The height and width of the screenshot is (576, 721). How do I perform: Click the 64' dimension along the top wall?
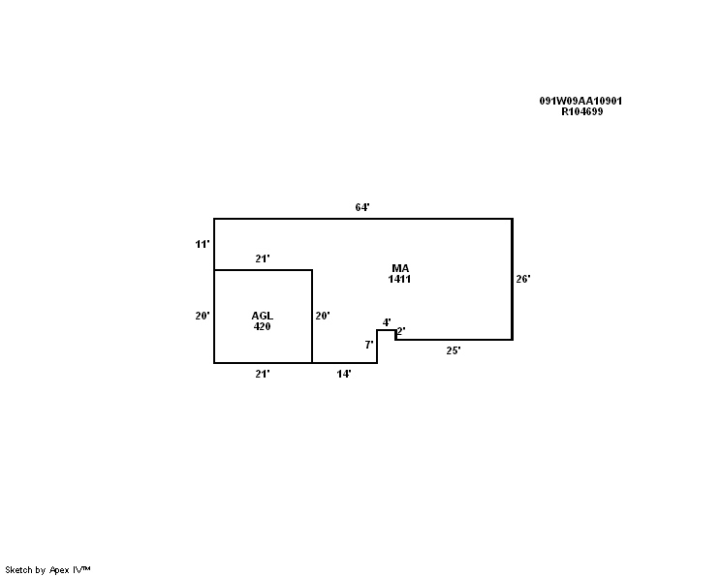[362, 207]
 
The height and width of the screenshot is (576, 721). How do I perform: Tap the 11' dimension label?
[203, 244]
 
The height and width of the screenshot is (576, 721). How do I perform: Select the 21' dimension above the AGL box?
[263, 258]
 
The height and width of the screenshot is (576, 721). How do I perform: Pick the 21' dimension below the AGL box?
[263, 374]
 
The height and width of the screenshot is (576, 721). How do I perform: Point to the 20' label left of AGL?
[203, 316]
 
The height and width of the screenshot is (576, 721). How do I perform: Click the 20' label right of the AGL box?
[323, 316]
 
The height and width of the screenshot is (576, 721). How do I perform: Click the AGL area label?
[262, 316]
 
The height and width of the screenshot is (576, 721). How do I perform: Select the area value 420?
[262, 326]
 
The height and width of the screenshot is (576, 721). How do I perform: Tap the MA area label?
[400, 268]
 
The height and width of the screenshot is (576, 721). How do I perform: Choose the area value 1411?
[399, 279]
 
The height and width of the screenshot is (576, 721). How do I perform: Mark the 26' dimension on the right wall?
[523, 279]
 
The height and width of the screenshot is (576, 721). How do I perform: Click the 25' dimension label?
[454, 350]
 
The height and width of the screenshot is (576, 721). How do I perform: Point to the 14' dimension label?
[344, 374]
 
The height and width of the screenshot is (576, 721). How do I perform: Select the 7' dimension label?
[369, 345]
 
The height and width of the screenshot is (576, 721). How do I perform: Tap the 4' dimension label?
[387, 322]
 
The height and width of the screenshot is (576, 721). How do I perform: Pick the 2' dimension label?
[401, 331]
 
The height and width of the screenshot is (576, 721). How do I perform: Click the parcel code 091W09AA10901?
[580, 101]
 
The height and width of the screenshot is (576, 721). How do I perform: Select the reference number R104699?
[582, 111]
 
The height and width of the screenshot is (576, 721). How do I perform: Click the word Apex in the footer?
[59, 570]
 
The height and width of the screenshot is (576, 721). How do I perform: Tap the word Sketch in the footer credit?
[18, 570]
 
